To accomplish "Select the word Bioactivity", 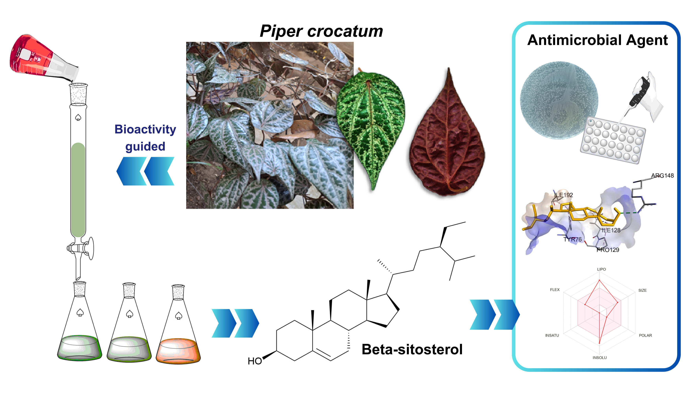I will [145, 129].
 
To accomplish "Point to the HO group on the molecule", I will [254, 361].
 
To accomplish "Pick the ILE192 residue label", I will [564, 195].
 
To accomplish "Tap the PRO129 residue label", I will [608, 250].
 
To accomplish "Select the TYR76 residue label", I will [572, 239].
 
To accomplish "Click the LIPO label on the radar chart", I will [601, 269].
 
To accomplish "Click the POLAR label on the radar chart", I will [645, 335].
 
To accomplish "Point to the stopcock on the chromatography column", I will [80, 248].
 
